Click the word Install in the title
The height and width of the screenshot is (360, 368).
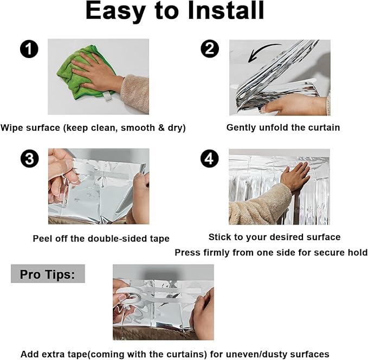click(x=226, y=11)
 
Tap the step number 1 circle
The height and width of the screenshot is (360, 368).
click(x=29, y=49)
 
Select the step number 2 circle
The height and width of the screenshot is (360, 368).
click(x=210, y=49)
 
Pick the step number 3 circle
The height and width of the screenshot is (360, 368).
click(x=30, y=158)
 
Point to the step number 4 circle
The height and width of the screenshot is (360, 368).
click(x=210, y=158)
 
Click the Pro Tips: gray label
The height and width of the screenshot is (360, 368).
click(x=48, y=274)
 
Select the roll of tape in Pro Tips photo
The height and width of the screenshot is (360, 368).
click(x=128, y=297)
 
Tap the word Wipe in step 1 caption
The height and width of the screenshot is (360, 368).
click(x=12, y=128)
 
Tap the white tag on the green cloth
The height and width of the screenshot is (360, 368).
click(x=108, y=97)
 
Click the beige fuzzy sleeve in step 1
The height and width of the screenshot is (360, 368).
click(x=135, y=93)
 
